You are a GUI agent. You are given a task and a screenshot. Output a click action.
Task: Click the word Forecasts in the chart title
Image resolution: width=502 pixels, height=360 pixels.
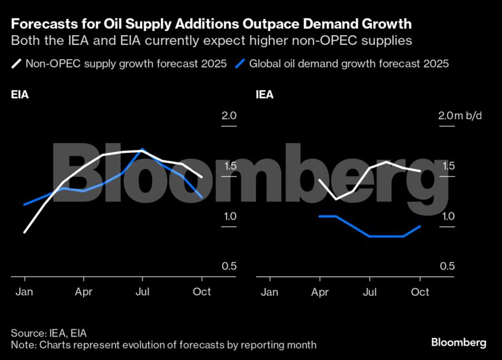point(41,25)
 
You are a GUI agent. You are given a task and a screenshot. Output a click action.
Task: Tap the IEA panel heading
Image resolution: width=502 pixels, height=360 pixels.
point(265,95)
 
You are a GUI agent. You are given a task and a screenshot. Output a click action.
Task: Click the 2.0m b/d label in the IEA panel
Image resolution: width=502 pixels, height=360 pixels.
point(459,116)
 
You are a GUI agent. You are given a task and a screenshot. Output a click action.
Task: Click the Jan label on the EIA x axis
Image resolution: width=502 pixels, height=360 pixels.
point(24,292)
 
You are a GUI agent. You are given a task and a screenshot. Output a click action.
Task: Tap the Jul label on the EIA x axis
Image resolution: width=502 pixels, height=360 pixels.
point(143,292)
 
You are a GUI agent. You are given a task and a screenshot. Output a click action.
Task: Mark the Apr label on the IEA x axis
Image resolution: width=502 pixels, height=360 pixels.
point(320,292)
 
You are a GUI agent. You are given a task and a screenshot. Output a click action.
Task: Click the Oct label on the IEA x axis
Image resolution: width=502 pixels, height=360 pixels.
point(420,292)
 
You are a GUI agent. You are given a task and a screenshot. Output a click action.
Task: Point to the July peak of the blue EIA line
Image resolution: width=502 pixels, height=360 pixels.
point(143,149)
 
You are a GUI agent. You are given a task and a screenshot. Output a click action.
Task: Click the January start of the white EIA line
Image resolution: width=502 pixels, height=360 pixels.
point(24,232)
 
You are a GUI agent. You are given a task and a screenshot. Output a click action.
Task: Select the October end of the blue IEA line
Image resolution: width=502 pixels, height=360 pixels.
point(421,226)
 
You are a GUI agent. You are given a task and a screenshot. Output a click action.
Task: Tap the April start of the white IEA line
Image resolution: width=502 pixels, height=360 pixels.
point(319,179)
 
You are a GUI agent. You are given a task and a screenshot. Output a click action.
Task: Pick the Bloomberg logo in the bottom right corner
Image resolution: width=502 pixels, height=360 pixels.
point(458,342)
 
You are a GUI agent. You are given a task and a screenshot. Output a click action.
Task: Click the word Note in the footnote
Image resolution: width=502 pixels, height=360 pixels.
point(22,345)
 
